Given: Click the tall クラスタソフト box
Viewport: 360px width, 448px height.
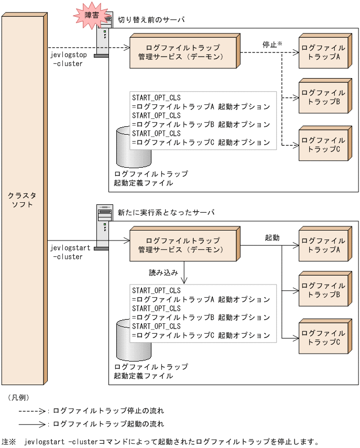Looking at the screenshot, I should coord(23,199).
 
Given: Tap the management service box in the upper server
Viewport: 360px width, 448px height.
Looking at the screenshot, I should coord(183,51).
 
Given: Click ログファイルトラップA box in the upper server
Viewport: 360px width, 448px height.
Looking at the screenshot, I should coord(323,51).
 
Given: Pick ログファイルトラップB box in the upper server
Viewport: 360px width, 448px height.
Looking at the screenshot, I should coord(323,97).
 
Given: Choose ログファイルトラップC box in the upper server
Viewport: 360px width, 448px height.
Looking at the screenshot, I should coord(323,145).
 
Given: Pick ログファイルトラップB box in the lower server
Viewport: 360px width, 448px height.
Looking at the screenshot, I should coord(323,290).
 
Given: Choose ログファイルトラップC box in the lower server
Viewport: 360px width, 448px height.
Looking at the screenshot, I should coord(323,337).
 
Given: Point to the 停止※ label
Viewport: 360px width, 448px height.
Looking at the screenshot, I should coord(272,45).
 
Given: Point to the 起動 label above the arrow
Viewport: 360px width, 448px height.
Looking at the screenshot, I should coord(272,237).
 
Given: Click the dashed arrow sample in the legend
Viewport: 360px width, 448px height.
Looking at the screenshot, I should coord(32,411).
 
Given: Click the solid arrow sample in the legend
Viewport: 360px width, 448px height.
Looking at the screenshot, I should coord(32,424).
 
